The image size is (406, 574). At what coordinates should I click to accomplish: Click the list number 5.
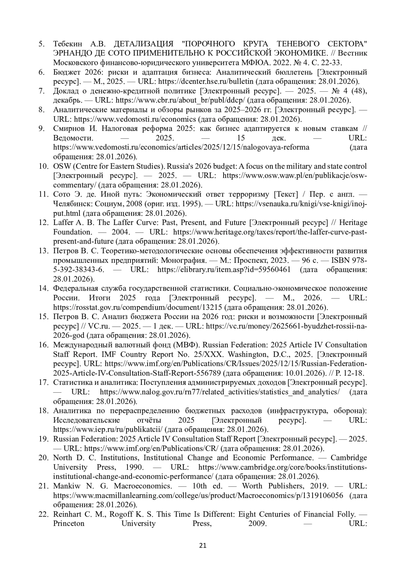click(x=42, y=44)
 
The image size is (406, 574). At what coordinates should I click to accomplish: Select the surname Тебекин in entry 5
click(x=69, y=44)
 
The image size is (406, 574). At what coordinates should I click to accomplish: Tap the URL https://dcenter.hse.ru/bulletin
click(x=206, y=82)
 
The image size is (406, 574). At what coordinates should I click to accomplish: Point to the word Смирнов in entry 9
click(x=70, y=129)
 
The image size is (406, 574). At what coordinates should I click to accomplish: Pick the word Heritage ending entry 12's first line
click(x=353, y=223)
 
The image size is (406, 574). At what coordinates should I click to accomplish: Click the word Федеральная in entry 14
click(x=74, y=289)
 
